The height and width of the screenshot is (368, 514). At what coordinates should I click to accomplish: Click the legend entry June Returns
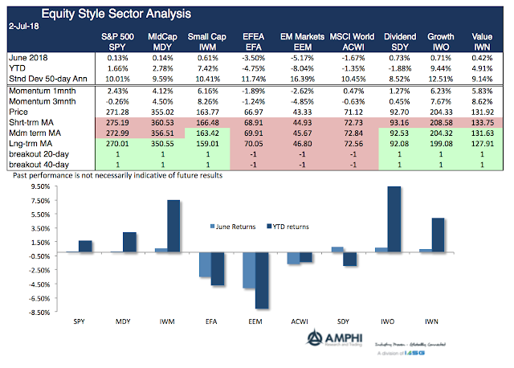[x=238, y=226]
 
